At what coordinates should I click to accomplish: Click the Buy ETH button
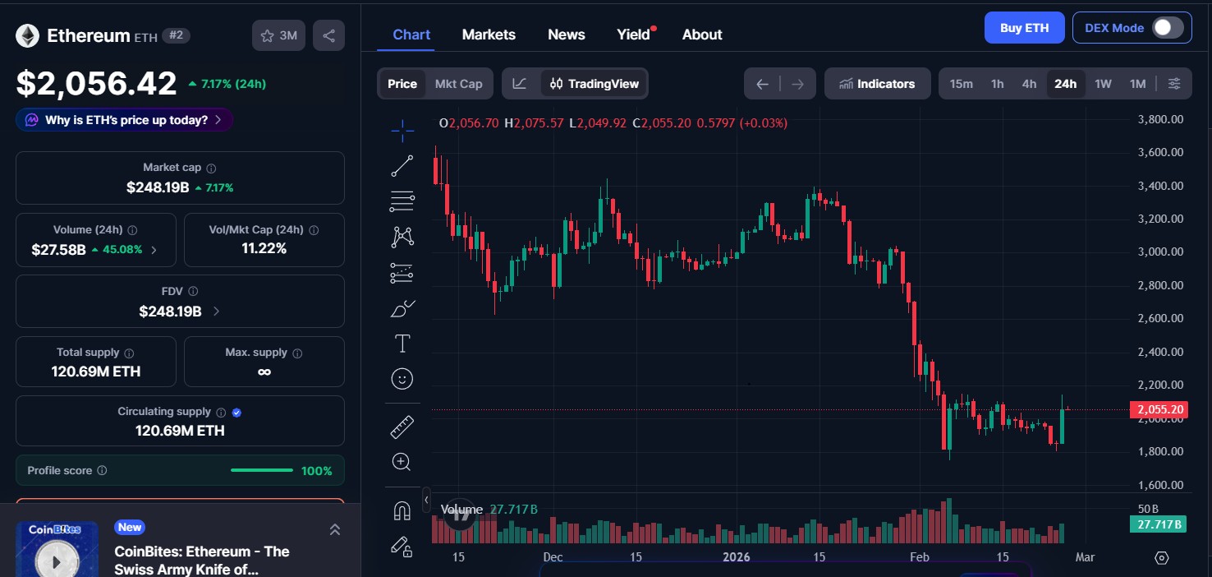(1024, 28)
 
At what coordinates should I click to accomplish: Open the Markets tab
(489, 35)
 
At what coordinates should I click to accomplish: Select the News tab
(566, 35)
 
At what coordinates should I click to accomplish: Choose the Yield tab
(633, 35)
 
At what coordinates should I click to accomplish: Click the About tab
(702, 35)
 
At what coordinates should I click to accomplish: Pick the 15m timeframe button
(961, 84)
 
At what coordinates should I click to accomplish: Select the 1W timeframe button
(1103, 84)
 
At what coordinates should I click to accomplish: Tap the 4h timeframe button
(1029, 84)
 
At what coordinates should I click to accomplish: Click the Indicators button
(877, 84)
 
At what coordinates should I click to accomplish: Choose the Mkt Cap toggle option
(458, 84)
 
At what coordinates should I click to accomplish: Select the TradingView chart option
(595, 84)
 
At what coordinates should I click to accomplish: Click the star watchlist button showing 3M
(278, 35)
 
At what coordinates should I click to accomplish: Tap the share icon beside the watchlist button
(328, 35)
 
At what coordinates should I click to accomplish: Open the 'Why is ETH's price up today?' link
(124, 120)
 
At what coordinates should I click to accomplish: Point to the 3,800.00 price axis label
(1159, 119)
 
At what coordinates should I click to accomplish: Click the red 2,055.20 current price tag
(1158, 409)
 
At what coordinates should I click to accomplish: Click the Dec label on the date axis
(553, 557)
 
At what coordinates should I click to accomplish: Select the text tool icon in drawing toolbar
(402, 343)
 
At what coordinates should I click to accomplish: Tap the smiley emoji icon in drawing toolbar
(402, 379)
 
